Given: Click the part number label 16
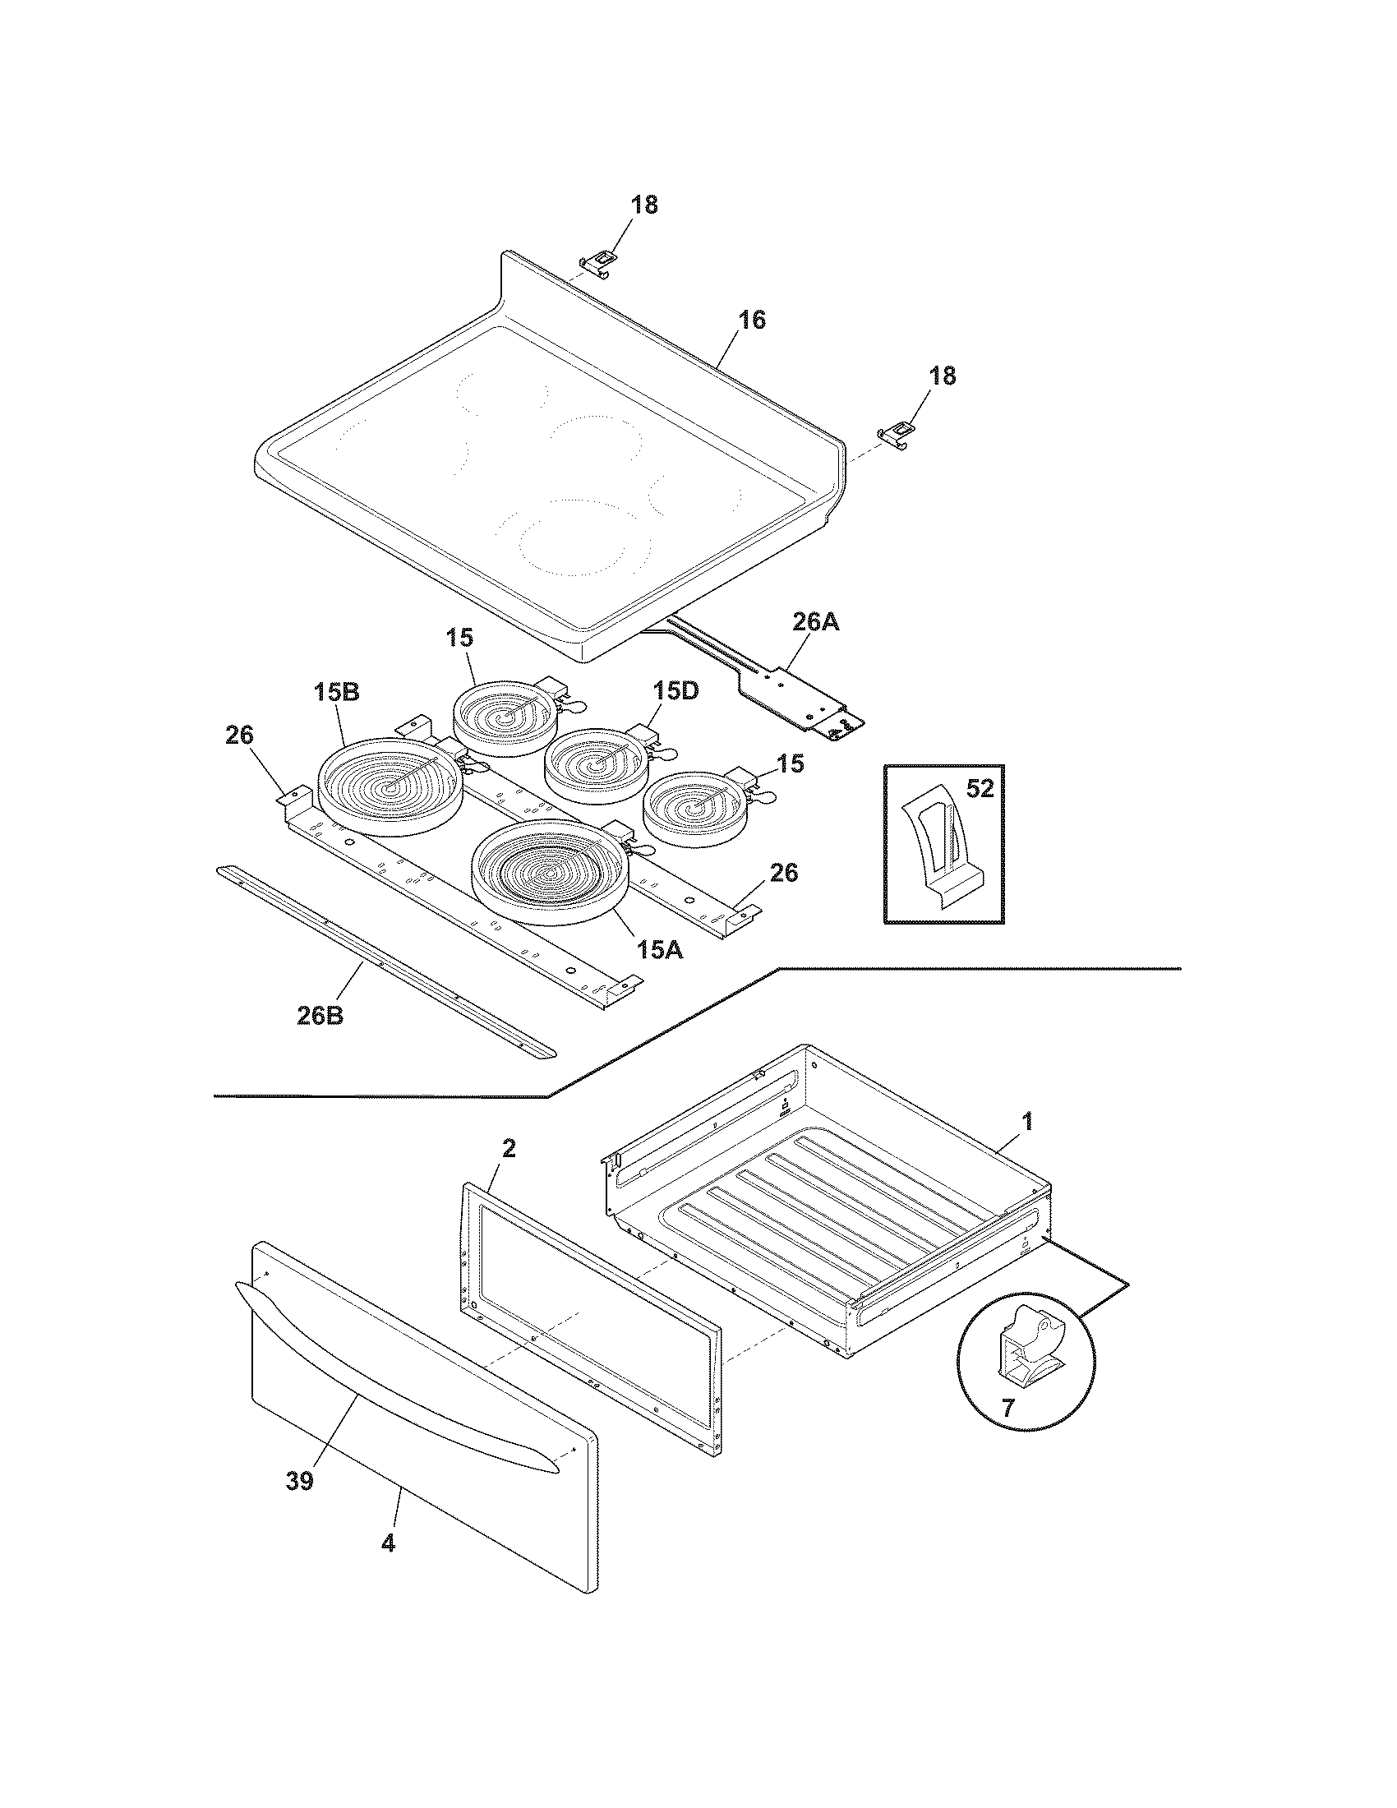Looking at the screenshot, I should point(751,321).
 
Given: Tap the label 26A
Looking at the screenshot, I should point(814,623).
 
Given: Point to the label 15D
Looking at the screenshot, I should point(675,690).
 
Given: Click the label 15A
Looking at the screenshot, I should point(660,950).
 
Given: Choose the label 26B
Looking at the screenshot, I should point(320,1015).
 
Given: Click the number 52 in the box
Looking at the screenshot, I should point(979,790).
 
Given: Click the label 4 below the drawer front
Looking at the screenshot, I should point(388,1543).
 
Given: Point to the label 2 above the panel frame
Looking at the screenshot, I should point(509,1148).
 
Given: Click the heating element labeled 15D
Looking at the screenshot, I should point(592,766).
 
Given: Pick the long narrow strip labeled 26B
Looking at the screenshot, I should point(385,963).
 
